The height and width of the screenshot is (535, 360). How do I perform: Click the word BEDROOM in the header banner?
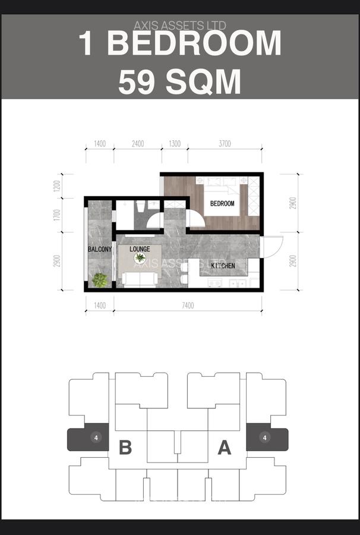(x=195, y=44)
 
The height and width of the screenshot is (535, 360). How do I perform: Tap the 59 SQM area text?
(x=179, y=82)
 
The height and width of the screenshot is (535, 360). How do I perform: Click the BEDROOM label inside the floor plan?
(x=222, y=203)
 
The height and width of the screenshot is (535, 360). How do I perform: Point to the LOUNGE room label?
(x=140, y=248)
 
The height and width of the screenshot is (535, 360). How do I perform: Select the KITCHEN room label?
(x=222, y=266)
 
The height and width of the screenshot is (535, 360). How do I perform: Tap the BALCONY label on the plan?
(x=100, y=250)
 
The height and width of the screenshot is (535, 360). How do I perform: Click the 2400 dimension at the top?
(x=137, y=144)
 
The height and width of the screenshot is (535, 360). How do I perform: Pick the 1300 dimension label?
(x=175, y=144)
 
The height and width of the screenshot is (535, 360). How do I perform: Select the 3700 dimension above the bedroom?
(x=224, y=144)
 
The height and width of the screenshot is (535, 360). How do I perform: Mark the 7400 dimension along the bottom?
(x=188, y=306)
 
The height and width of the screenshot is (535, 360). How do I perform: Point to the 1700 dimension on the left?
(x=57, y=215)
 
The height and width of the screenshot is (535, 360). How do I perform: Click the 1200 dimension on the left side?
(x=57, y=185)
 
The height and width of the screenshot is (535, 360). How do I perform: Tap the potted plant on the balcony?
(x=100, y=279)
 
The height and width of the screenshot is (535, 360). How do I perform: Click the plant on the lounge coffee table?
(x=140, y=257)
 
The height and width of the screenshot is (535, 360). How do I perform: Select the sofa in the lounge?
(x=140, y=278)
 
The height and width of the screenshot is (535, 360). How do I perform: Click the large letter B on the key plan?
(x=125, y=448)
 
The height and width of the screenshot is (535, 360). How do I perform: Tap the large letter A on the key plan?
(x=224, y=448)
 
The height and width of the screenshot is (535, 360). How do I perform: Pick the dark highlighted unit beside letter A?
(x=267, y=439)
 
